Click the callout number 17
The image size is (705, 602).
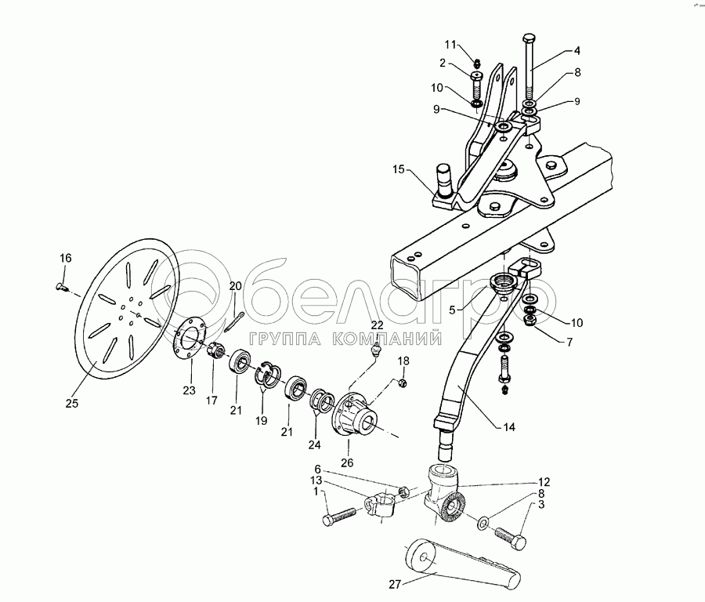[x=212, y=401]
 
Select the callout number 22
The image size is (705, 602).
[x=377, y=325]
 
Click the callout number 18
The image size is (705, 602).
[x=403, y=361]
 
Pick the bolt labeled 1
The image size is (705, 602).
[x=338, y=518]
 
